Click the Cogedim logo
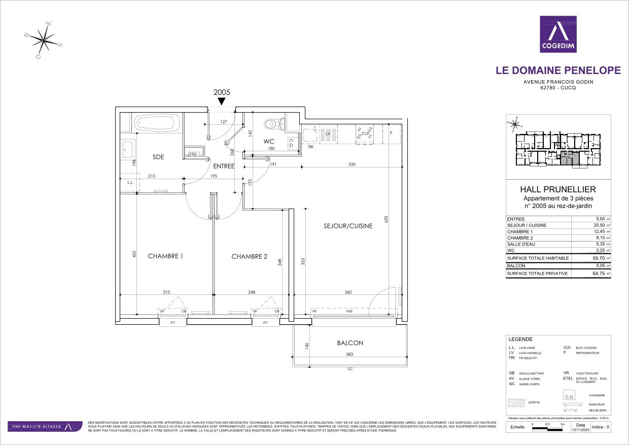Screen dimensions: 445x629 (x=558, y=35)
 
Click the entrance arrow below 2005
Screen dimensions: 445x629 (x=222, y=101)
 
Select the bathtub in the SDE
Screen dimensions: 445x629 (x=157, y=123)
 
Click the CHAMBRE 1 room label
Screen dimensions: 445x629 (x=165, y=256)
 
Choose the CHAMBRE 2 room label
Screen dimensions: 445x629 (x=249, y=256)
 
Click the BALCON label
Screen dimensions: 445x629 (x=350, y=343)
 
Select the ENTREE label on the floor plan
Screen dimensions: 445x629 (x=224, y=166)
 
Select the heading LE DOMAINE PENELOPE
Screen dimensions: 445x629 (x=558, y=71)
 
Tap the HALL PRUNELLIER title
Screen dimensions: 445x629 (x=558, y=189)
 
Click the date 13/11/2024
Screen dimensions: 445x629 (x=581, y=430)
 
